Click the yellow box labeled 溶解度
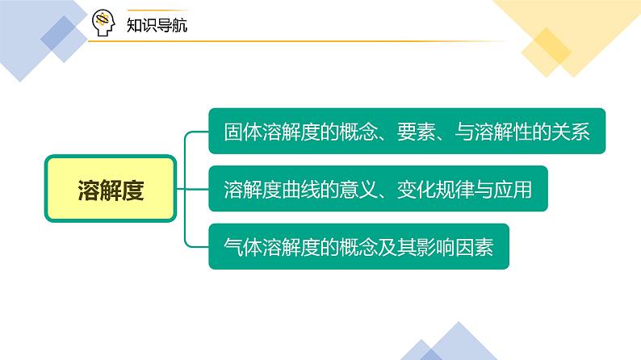pyautogui.click(x=110, y=190)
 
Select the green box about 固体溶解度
pyautogui.click(x=407, y=132)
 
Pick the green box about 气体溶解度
pyautogui.click(x=358, y=246)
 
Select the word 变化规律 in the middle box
pyautogui.click(x=436, y=190)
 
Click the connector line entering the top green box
pyautogui.click(x=198, y=132)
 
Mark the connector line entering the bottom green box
pyautogui.click(x=198, y=246)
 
